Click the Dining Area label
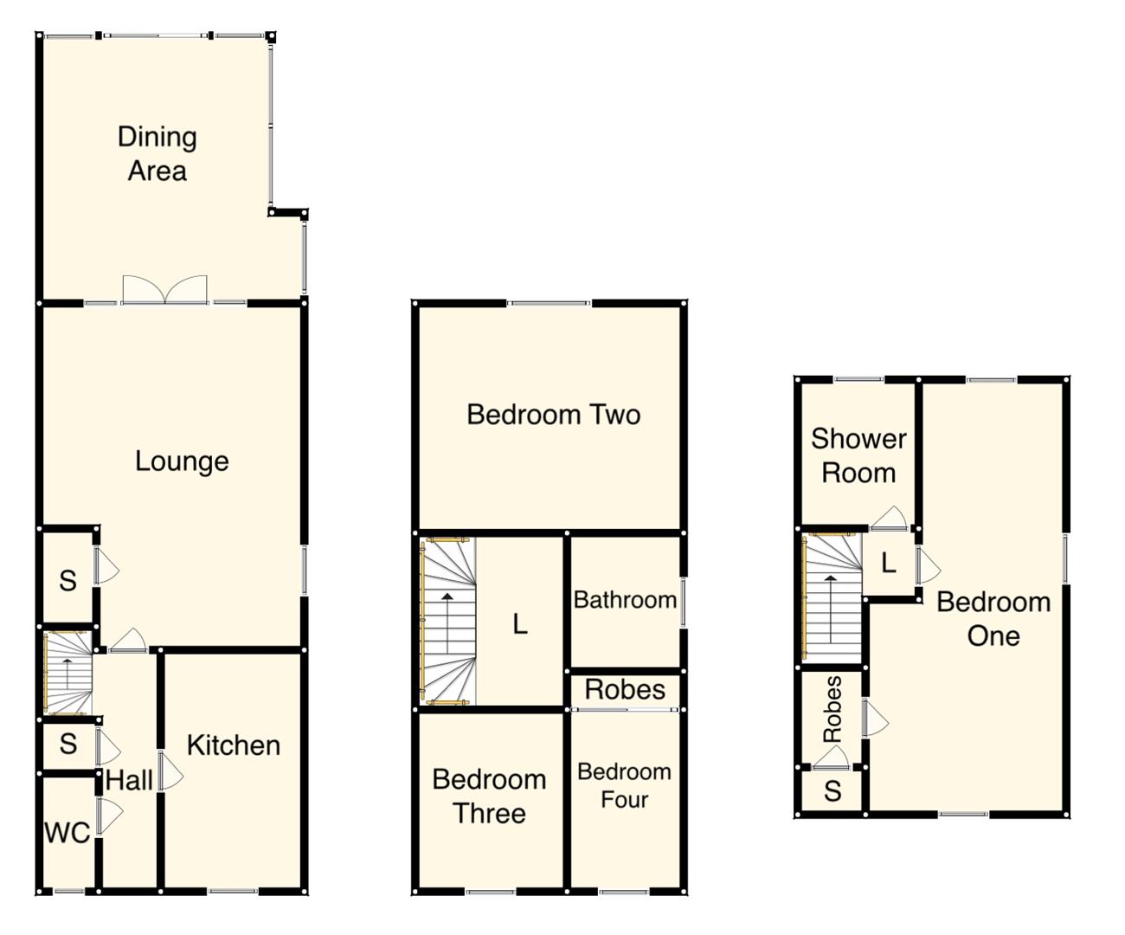pyautogui.click(x=157, y=153)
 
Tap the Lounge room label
pyautogui.click(x=182, y=461)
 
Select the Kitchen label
pyautogui.click(x=233, y=745)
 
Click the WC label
pyautogui.click(x=67, y=833)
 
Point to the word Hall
pyautogui.click(x=129, y=781)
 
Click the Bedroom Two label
pyautogui.click(x=553, y=415)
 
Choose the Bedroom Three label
pyautogui.click(x=489, y=796)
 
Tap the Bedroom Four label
pyautogui.click(x=624, y=785)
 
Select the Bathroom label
pyautogui.click(x=625, y=600)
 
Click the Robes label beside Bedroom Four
pyautogui.click(x=625, y=690)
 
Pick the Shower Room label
pyautogui.click(x=858, y=455)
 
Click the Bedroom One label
pyautogui.click(x=993, y=618)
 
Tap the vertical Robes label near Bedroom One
pyautogui.click(x=832, y=710)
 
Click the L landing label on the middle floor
pyautogui.click(x=519, y=623)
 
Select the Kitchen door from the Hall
pyautogui.click(x=170, y=771)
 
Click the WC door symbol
pyautogui.click(x=108, y=816)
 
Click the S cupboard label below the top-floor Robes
pyautogui.click(x=832, y=790)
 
